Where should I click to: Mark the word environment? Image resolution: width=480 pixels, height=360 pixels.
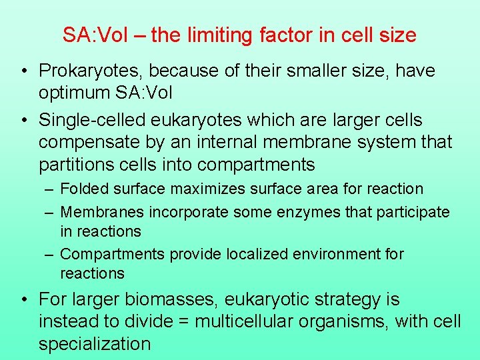coord(346,254)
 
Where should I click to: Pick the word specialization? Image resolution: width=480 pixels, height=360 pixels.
coord(95,344)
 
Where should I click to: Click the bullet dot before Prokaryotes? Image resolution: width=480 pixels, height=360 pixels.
coord(23,71)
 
